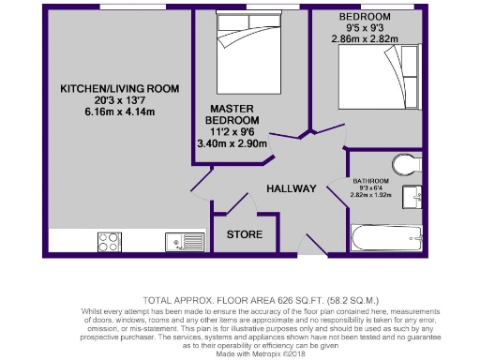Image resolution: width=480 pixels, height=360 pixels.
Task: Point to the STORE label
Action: click(245, 233)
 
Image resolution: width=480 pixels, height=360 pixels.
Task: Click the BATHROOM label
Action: click(371, 179)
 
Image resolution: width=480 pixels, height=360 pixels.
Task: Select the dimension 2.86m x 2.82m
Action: click(368, 40)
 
